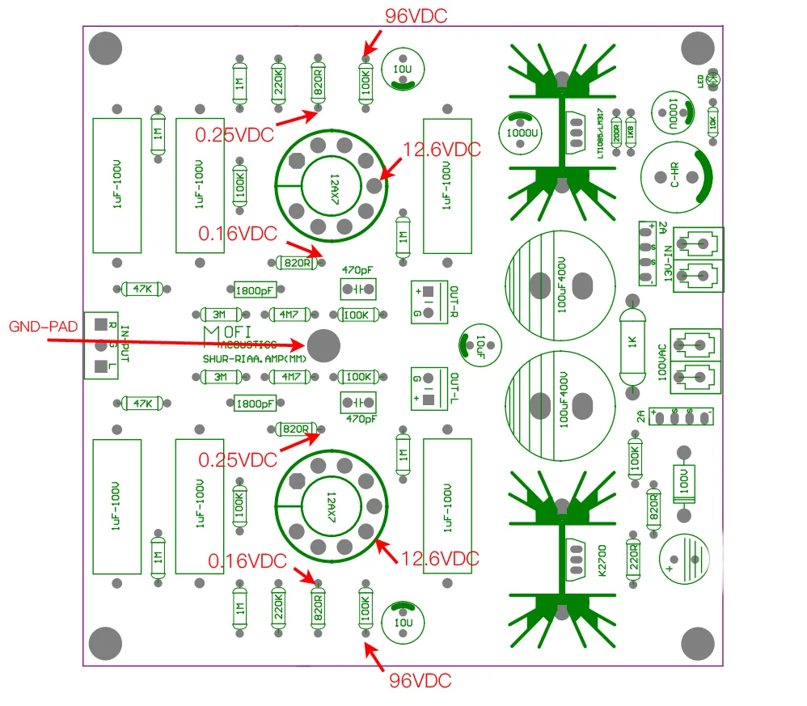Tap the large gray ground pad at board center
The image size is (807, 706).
tap(324, 345)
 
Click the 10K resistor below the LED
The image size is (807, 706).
tap(712, 123)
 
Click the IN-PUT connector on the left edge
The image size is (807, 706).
tap(101, 345)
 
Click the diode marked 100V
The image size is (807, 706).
tap(684, 484)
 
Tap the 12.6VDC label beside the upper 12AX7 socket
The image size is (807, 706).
tap(441, 150)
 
